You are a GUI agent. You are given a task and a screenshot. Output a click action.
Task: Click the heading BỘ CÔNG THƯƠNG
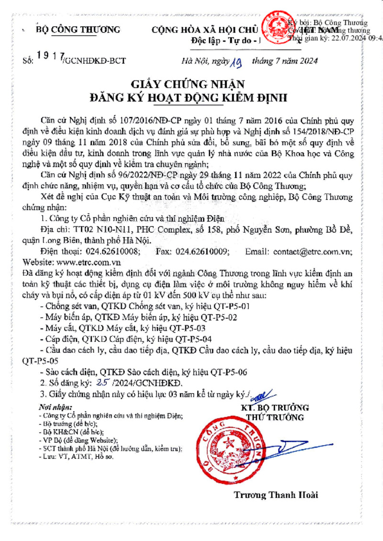tap(78, 30)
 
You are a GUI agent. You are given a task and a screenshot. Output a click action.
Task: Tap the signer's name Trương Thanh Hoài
tap(276, 495)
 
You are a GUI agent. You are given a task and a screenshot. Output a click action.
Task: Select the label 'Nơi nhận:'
tap(53, 407)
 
